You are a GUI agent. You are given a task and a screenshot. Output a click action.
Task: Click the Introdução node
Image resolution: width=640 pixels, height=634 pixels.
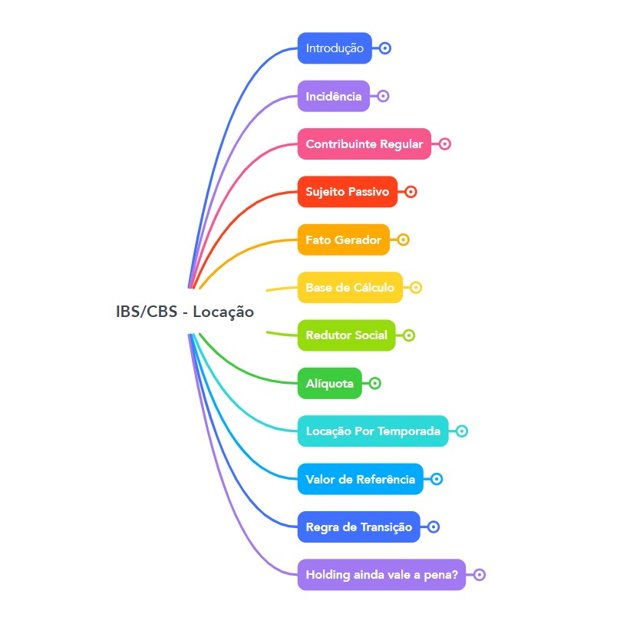point(335,48)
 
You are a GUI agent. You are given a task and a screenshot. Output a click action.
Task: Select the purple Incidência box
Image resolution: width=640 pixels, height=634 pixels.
point(333,96)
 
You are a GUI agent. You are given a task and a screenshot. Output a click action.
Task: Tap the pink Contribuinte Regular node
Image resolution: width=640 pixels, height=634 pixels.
point(364,144)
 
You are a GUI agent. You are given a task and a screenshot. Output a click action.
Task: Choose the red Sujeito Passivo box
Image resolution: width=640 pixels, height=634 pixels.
point(347,192)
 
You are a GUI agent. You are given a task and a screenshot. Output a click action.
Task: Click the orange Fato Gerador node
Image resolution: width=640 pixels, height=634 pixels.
point(343,239)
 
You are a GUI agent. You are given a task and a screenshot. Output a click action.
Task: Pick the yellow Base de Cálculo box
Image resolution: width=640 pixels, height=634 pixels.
point(349,288)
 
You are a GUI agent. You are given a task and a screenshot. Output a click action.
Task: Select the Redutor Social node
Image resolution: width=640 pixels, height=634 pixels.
point(346,335)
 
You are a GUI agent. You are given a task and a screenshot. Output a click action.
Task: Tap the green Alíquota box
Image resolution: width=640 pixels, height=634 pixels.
point(329,383)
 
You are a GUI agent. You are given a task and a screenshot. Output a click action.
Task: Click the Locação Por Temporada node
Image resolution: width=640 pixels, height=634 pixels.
point(372,431)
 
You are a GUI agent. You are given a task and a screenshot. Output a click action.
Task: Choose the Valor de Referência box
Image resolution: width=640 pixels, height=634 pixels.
point(360,479)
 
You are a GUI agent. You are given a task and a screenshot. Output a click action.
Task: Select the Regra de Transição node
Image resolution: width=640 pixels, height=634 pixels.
point(358,527)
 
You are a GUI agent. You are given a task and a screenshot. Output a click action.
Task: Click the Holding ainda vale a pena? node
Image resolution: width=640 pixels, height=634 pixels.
point(381,575)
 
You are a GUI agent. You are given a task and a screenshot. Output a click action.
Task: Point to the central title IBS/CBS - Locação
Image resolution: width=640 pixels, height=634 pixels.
point(184,312)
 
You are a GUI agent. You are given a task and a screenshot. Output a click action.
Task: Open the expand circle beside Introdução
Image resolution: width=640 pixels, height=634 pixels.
point(385,48)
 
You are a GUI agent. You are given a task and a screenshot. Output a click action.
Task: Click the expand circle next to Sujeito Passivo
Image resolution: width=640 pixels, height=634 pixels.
point(411,192)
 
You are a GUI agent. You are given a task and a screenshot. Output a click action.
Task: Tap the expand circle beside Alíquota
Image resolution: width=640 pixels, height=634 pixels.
point(374,383)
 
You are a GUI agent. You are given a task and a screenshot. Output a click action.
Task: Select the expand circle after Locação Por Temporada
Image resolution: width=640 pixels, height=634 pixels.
point(462,431)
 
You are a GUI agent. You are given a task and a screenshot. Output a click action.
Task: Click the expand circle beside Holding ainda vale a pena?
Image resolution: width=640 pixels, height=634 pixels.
point(480,575)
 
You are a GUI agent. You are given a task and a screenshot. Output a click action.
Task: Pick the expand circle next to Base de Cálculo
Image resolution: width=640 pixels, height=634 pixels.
point(416,288)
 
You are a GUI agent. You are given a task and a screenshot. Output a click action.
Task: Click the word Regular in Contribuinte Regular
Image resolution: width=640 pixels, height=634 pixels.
point(402,144)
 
